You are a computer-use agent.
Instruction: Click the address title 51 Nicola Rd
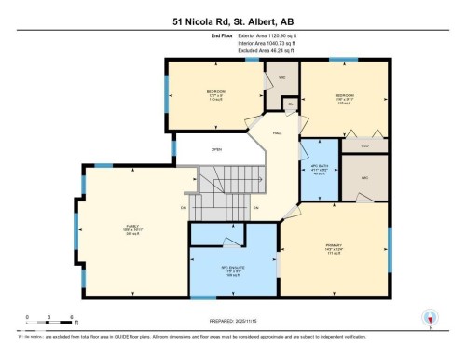[x=232, y=20]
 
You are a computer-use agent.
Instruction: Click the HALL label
[x=277, y=133]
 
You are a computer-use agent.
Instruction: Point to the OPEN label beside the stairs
[x=216, y=149]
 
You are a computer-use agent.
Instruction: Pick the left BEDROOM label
[x=215, y=92]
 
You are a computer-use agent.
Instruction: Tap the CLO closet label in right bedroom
[x=363, y=145]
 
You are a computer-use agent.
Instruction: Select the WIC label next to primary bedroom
[x=363, y=176]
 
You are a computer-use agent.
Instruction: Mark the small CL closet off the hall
[x=290, y=104]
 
